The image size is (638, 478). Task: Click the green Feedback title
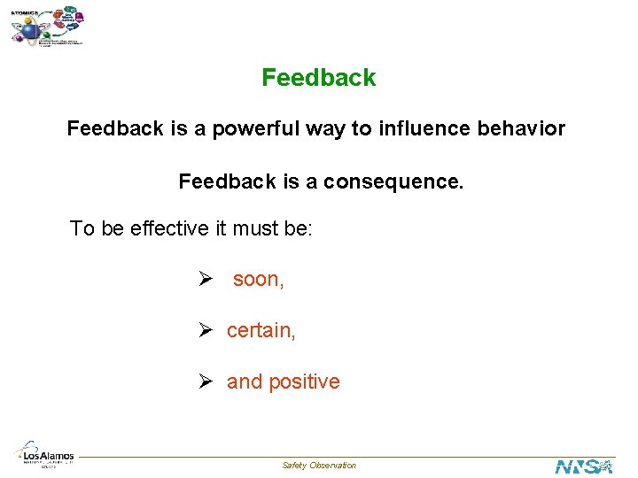point(318,78)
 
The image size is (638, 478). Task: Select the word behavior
point(518,129)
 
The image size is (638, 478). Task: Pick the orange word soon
point(258,280)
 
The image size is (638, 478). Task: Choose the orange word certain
point(261,331)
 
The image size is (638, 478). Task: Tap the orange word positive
point(304,382)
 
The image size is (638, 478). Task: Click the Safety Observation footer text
point(319,466)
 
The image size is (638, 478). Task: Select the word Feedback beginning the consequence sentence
point(228,182)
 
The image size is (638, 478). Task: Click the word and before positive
point(245,382)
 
